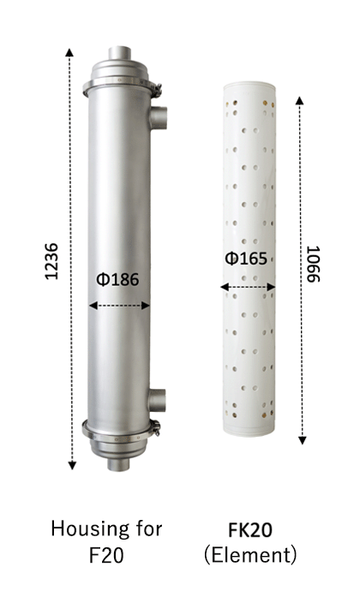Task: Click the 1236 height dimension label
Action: (x=51, y=261)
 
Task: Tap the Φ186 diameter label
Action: (x=117, y=279)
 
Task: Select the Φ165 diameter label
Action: (x=246, y=259)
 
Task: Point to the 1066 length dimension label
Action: (x=314, y=264)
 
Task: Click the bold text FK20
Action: (x=250, y=530)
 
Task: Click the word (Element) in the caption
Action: (x=250, y=555)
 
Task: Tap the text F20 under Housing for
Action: (x=106, y=555)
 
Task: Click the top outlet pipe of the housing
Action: (x=119, y=53)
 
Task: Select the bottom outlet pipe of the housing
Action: (x=118, y=464)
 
